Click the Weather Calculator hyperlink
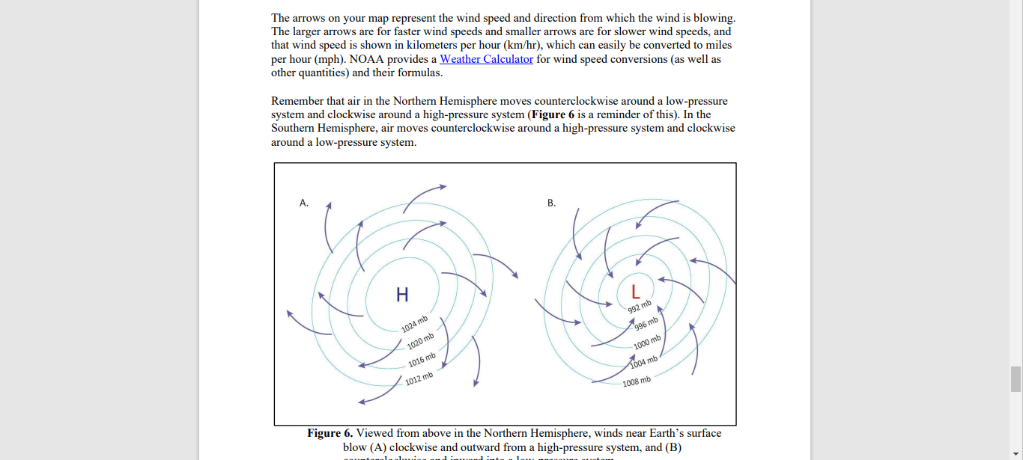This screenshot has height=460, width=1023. click(486, 59)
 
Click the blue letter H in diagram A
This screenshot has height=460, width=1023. click(402, 295)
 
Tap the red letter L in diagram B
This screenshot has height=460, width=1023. click(635, 291)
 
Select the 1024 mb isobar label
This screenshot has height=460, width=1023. click(414, 324)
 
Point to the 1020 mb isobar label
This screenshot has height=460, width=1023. click(420, 342)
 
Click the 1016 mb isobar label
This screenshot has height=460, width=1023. click(422, 361)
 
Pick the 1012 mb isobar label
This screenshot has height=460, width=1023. click(419, 378)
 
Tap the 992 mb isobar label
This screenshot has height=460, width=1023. click(640, 307)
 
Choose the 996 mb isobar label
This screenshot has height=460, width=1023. click(646, 324)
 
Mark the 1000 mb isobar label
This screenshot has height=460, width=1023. click(647, 343)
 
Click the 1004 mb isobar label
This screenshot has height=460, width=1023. click(643, 362)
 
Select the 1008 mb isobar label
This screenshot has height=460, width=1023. click(637, 381)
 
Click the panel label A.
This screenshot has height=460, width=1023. click(304, 203)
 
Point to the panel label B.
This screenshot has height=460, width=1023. click(552, 203)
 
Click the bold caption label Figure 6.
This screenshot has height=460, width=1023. click(330, 433)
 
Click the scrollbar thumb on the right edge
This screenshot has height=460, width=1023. click(1016, 378)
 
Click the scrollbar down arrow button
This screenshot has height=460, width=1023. click(1016, 453)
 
